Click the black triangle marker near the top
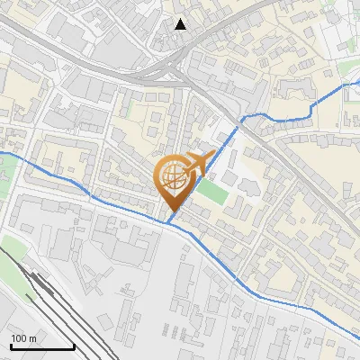pyautogui.click(x=181, y=24)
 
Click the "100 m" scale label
pyautogui.click(x=23, y=337)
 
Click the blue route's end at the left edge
pyautogui.click(x=2, y=154)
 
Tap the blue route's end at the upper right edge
pyautogui.click(x=357, y=81)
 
